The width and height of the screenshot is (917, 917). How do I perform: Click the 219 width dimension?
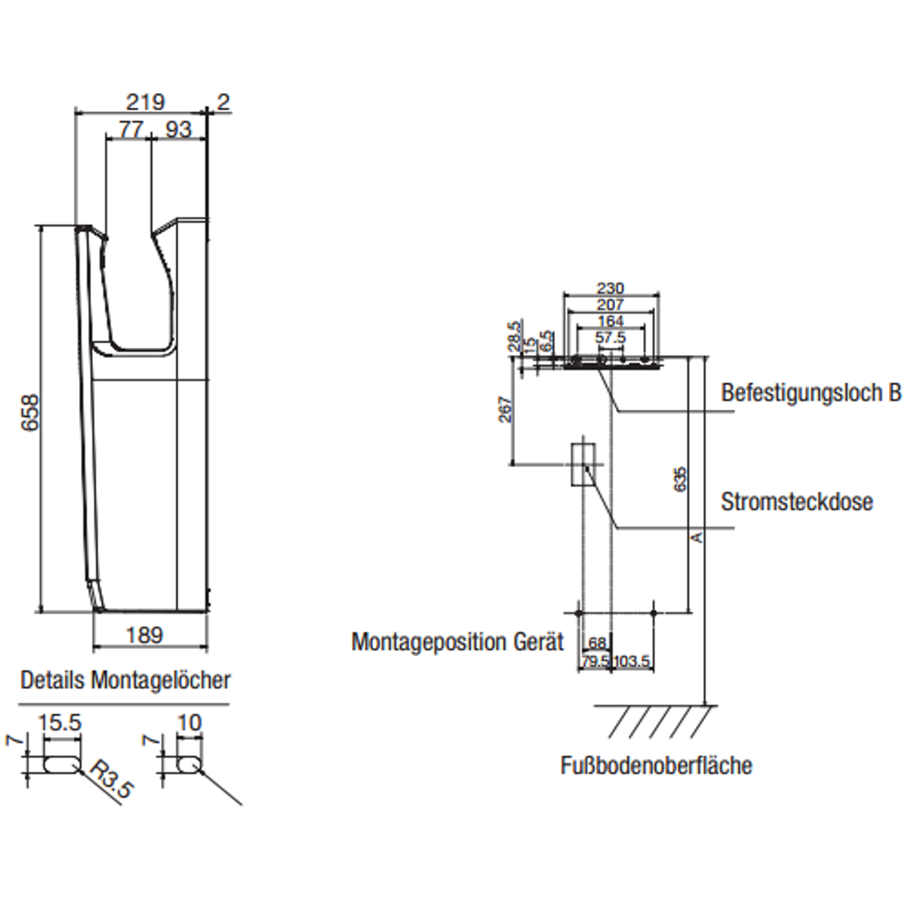point(145,102)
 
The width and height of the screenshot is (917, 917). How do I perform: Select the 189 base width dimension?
point(144,635)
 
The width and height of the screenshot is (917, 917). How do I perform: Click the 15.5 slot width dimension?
point(60,723)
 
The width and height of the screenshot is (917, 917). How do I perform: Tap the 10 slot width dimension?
point(189,723)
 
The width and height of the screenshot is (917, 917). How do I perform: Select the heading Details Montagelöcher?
point(125,681)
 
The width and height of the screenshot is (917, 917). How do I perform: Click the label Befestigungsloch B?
point(810,393)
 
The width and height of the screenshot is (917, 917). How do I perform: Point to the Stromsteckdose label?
point(796,502)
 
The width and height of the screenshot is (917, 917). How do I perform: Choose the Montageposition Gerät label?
point(457,643)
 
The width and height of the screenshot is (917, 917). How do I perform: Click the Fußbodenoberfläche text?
point(656,765)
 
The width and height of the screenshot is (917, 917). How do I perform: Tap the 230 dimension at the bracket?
point(610,289)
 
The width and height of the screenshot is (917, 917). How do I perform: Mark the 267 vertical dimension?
point(506,409)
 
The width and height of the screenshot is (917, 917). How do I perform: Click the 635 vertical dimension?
point(679,479)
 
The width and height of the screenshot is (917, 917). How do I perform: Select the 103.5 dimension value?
point(632,662)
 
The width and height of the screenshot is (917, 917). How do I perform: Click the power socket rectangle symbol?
point(583,464)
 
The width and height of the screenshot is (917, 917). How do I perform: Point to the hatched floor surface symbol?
point(656,721)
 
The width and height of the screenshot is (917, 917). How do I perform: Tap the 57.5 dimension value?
point(610,338)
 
